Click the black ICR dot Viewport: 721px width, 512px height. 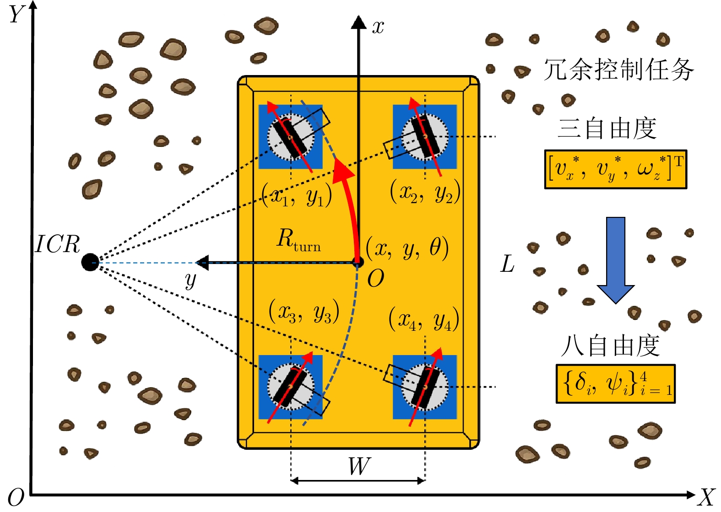click(x=90, y=262)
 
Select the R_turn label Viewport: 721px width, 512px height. click(x=298, y=240)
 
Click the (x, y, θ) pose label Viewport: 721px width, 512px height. click(x=407, y=248)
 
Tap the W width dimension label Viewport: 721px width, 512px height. click(x=359, y=466)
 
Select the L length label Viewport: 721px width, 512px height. click(x=507, y=264)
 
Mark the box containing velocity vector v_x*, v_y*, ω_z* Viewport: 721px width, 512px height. click(x=615, y=169)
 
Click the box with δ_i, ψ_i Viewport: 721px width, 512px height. click(x=615, y=383)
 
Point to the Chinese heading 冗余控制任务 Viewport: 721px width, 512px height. click(x=618, y=70)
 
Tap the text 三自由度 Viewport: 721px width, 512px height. click(x=607, y=129)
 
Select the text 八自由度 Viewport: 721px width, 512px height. click(x=610, y=345)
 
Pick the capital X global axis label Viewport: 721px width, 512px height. click(x=706, y=497)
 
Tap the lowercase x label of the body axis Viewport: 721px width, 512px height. click(x=378, y=27)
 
